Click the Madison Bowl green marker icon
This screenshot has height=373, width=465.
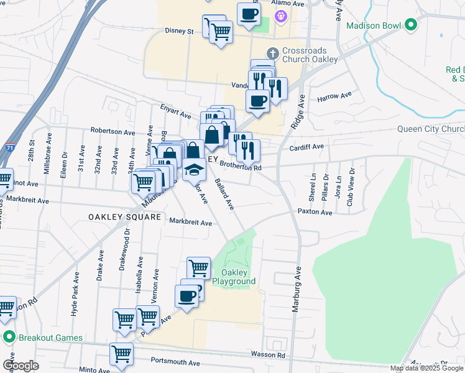(x=410, y=25)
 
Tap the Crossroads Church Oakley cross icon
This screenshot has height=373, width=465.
(x=272, y=55)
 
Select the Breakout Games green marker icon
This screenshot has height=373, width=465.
(x=9, y=338)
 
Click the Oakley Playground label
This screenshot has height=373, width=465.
(x=234, y=277)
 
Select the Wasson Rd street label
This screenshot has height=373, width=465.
(x=268, y=355)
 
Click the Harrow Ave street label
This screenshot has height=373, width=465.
(x=334, y=96)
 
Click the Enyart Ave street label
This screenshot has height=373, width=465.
(x=175, y=114)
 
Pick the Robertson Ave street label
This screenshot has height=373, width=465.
(x=113, y=131)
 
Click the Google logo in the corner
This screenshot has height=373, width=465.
(x=21, y=366)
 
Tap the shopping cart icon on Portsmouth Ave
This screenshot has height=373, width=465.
(x=121, y=354)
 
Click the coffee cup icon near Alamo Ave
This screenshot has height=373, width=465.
(x=248, y=14)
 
